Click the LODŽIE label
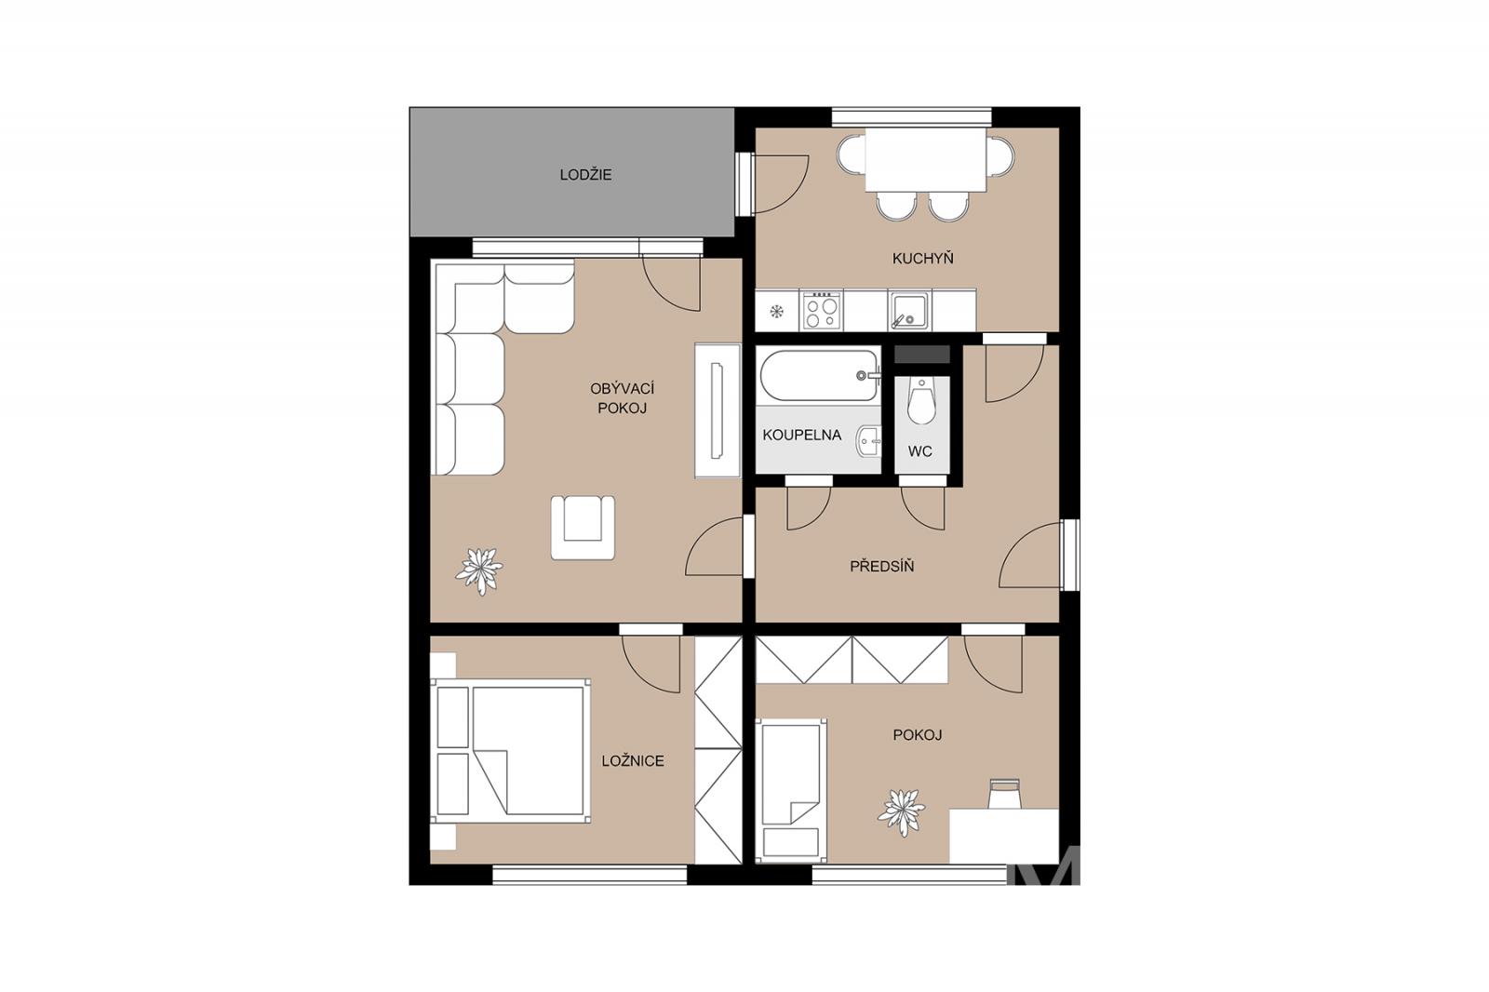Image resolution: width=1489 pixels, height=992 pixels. (x=585, y=175)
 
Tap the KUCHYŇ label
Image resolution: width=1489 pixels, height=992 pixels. (x=922, y=258)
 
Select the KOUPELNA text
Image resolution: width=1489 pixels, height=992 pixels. (x=801, y=435)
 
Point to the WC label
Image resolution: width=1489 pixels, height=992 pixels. (x=920, y=451)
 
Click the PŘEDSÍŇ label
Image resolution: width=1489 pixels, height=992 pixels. (x=882, y=566)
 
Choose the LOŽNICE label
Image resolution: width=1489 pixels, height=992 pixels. (x=633, y=760)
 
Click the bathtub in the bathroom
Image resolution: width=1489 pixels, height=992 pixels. (x=819, y=376)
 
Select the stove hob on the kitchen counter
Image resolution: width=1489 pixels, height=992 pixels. (x=821, y=311)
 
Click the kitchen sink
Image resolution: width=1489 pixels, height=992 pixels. (x=911, y=311)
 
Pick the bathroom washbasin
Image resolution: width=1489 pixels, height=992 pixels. (x=869, y=441)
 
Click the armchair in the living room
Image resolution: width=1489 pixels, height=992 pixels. (x=583, y=528)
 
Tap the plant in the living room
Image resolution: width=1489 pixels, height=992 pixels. (x=478, y=570)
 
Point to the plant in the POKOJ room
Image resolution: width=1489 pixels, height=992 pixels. (x=902, y=812)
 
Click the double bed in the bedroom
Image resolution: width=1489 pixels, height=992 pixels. (x=511, y=751)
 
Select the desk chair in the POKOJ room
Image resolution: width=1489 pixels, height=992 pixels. (x=1004, y=794)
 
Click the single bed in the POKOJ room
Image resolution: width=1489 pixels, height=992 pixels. (x=791, y=791)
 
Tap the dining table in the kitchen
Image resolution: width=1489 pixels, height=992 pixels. (x=925, y=159)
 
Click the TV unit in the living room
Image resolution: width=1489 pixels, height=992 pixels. (x=718, y=410)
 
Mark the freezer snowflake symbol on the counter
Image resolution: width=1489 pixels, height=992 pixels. (x=776, y=311)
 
